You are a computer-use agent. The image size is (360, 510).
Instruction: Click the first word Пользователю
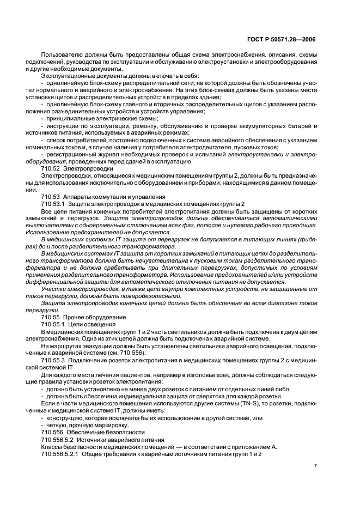(63, 56)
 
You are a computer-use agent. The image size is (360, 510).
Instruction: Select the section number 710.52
(51, 169)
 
